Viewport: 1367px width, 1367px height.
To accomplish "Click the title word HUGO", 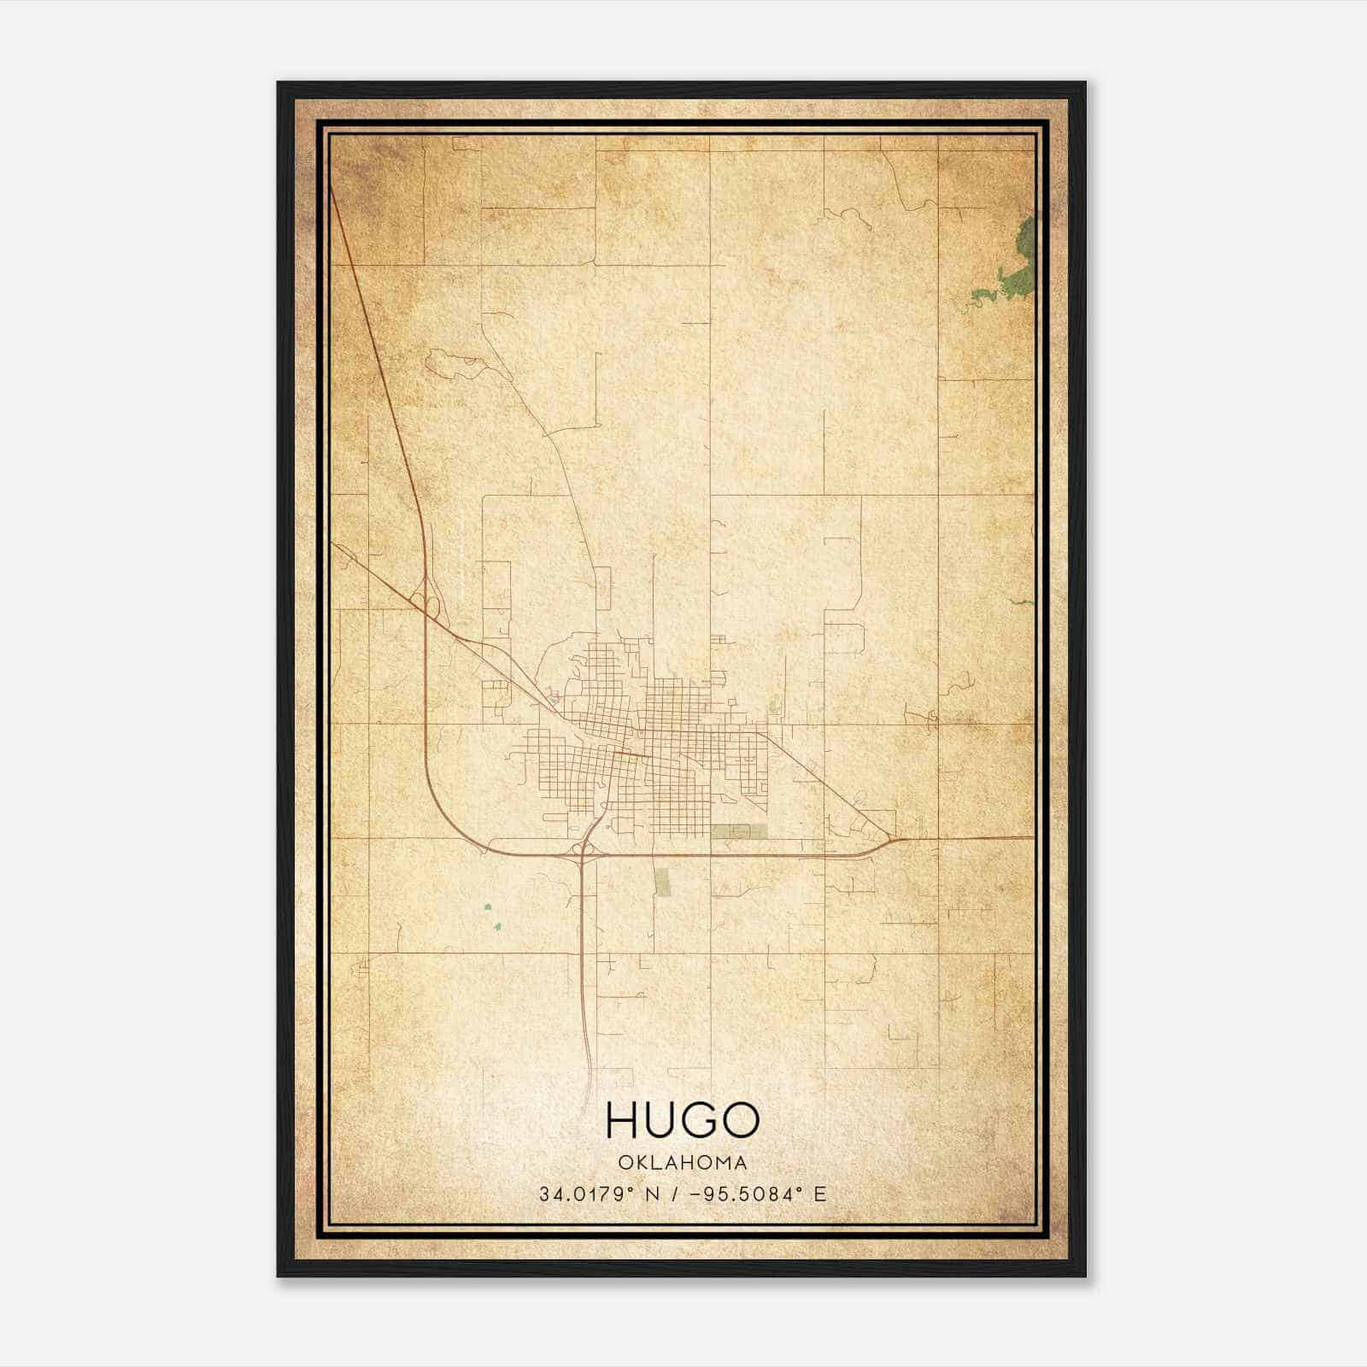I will pyautogui.click(x=683, y=1119).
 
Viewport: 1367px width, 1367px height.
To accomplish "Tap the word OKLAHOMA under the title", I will pyautogui.click(x=683, y=1163).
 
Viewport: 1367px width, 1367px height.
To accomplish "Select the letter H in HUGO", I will pyautogui.click(x=622, y=1119).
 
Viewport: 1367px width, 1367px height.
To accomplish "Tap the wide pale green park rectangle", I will pyautogui.click(x=739, y=831).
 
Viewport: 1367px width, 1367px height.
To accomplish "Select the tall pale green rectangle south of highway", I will pyautogui.click(x=662, y=881).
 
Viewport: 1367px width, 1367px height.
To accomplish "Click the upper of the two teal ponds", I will pyautogui.click(x=488, y=907).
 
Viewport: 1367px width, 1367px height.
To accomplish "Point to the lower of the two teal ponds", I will pyautogui.click(x=496, y=926).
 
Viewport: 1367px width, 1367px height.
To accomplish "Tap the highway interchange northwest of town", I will pyautogui.click(x=425, y=598).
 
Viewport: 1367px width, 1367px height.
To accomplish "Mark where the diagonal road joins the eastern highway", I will pyautogui.click(x=891, y=838).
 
